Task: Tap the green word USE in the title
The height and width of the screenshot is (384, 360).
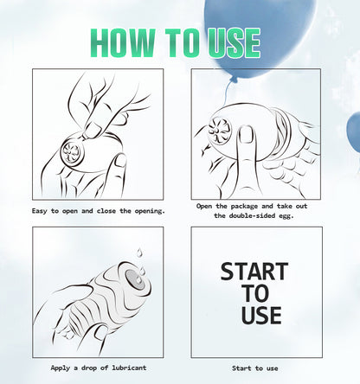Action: (x=234, y=42)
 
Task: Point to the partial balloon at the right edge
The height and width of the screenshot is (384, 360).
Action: (x=354, y=132)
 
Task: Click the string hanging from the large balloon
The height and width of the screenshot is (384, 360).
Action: (x=227, y=93)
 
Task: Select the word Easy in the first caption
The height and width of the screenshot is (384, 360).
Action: (x=40, y=211)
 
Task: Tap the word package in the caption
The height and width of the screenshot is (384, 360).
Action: (x=244, y=207)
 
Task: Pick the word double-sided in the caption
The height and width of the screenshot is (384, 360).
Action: (x=252, y=215)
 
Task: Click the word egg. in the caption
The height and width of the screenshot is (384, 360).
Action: (x=286, y=216)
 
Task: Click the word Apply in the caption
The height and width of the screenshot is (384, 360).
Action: (x=60, y=368)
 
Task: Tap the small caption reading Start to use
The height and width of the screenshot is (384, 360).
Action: (x=255, y=368)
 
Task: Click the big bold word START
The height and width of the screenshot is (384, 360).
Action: (x=254, y=272)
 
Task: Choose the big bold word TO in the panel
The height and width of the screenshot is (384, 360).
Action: (x=255, y=293)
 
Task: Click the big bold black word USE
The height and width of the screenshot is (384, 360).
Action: (x=261, y=315)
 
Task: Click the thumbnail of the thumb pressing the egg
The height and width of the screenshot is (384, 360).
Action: (x=246, y=134)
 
